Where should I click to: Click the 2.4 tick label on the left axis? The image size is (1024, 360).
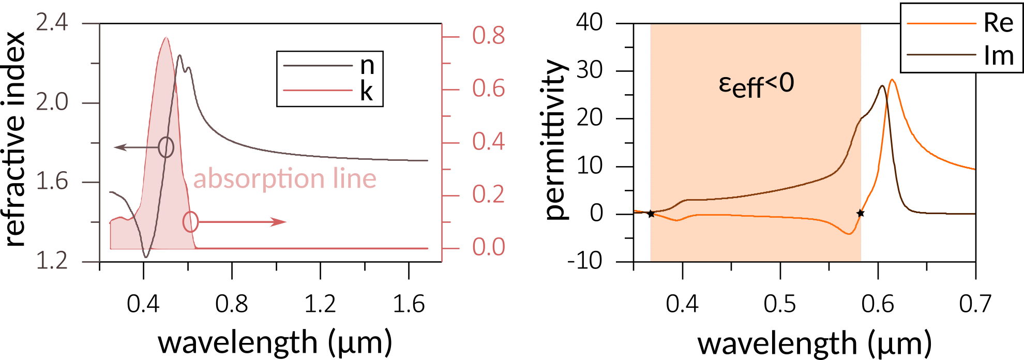(x=52, y=23)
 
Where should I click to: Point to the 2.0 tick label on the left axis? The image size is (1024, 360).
(x=52, y=102)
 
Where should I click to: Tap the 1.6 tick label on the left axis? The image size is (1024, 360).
(x=52, y=182)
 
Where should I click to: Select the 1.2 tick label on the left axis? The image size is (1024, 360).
(x=52, y=261)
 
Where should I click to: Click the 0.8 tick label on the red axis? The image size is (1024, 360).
(x=488, y=36)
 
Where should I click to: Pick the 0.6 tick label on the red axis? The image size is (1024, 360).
(x=488, y=88)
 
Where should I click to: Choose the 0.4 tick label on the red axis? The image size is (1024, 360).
(x=488, y=142)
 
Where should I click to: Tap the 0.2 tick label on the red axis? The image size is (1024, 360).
(x=488, y=194)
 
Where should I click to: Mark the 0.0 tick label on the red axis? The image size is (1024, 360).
(x=488, y=247)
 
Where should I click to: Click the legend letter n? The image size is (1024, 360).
(x=367, y=66)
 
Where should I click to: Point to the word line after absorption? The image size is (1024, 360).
(x=355, y=178)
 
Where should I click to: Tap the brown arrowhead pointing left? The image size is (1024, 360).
(x=119, y=147)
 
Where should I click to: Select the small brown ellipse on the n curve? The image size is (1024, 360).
(x=166, y=147)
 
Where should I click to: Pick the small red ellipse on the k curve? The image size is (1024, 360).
(x=190, y=222)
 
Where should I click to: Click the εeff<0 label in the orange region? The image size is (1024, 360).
(x=756, y=85)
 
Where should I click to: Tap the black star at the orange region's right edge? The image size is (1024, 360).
(x=860, y=213)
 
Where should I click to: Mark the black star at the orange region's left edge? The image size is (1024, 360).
(x=651, y=214)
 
